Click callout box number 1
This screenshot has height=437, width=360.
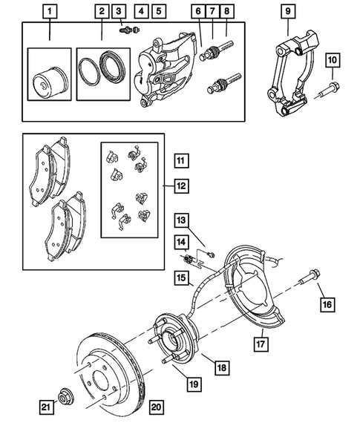click(50, 11)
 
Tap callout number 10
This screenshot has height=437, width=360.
click(332, 59)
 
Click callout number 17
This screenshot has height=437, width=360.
click(261, 344)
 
